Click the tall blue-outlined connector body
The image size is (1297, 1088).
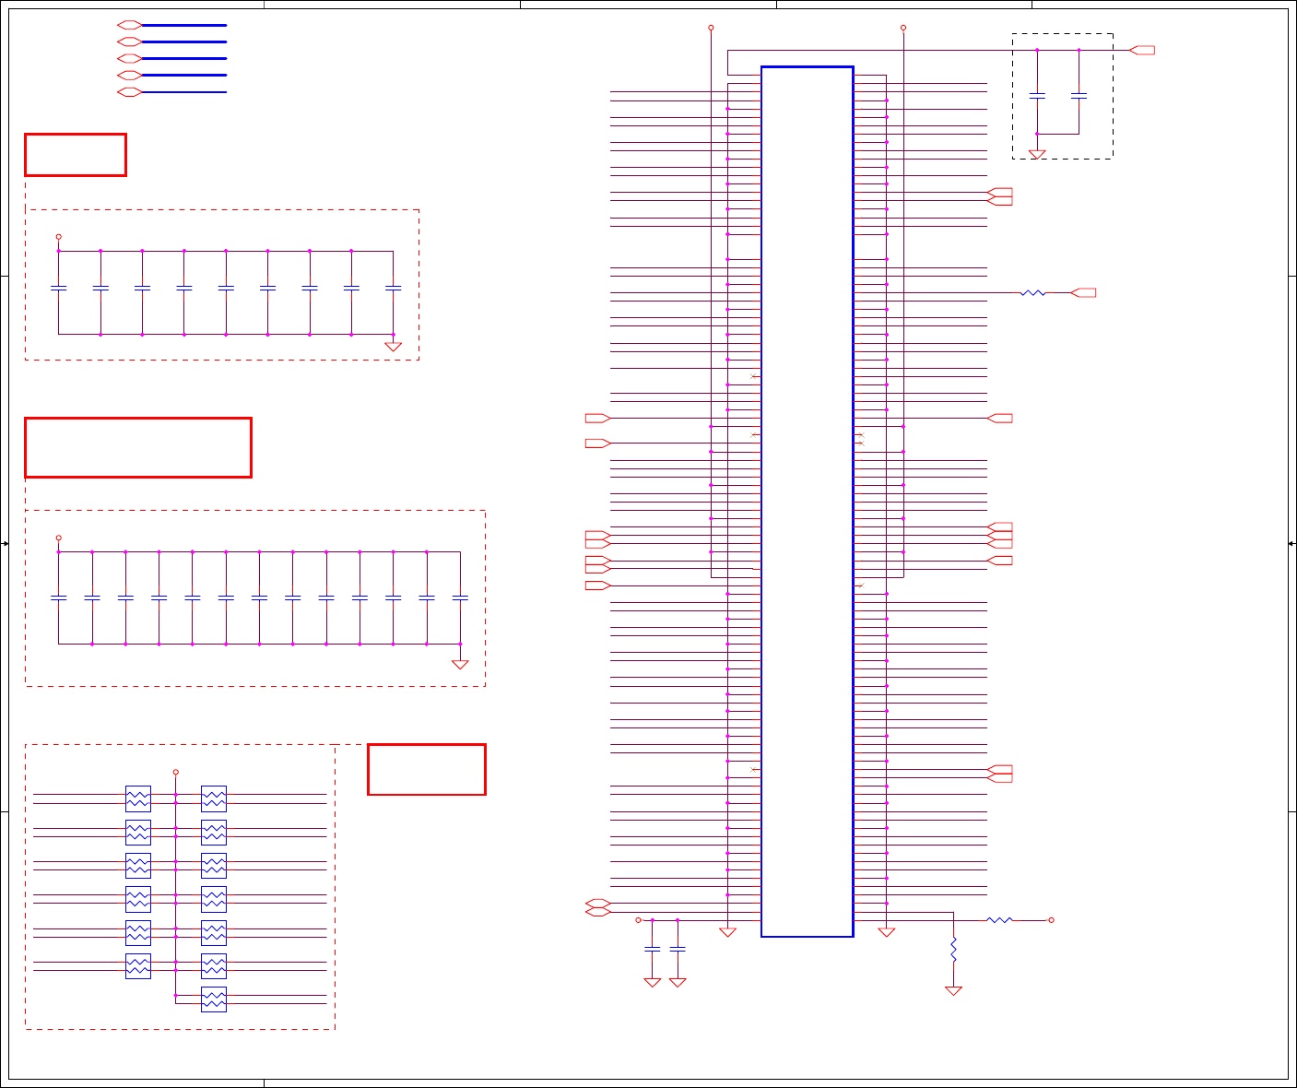click(x=807, y=502)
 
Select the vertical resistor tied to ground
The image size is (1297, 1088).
click(x=953, y=951)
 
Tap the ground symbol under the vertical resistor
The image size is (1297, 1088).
click(x=953, y=990)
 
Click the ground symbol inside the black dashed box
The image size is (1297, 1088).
click(x=1037, y=155)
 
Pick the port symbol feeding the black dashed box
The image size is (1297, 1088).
click(x=1142, y=50)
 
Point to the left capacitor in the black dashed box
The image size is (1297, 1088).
click(x=1037, y=96)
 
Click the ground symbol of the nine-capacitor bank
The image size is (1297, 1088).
click(x=393, y=347)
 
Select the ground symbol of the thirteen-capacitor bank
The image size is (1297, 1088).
click(x=460, y=664)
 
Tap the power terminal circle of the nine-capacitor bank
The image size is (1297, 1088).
click(x=59, y=237)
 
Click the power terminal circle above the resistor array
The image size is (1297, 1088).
click(x=175, y=773)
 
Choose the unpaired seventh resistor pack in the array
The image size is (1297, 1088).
click(x=213, y=999)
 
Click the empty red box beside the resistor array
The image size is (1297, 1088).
click(x=426, y=769)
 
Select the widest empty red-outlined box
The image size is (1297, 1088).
click(x=138, y=447)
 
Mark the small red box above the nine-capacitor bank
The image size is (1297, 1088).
click(x=76, y=155)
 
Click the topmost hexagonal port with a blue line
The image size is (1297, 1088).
click(x=129, y=25)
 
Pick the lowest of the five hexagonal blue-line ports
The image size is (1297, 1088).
click(x=129, y=92)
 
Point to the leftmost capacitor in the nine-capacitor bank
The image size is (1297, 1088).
click(x=59, y=289)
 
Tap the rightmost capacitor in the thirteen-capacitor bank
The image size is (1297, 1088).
click(x=460, y=598)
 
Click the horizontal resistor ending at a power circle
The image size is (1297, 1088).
click(x=999, y=920)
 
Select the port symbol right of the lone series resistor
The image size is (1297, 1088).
click(x=1084, y=293)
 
